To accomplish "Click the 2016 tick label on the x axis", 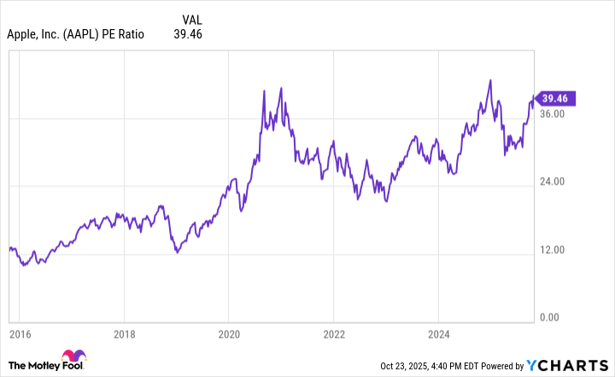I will (x=20, y=333).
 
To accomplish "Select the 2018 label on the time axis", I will (x=125, y=333).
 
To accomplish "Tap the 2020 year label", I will (x=229, y=333).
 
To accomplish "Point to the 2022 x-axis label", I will (x=334, y=333).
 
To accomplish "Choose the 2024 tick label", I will (x=438, y=333).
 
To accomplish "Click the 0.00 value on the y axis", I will (x=551, y=318).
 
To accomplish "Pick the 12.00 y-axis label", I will (x=553, y=250).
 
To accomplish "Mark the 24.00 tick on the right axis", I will (x=553, y=181).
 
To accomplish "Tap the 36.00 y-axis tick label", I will (x=553, y=114).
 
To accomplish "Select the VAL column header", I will (x=194, y=19).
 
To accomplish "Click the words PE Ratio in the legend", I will (x=125, y=34).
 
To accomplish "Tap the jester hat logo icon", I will (x=74, y=360).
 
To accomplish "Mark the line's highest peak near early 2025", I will (x=490, y=80).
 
